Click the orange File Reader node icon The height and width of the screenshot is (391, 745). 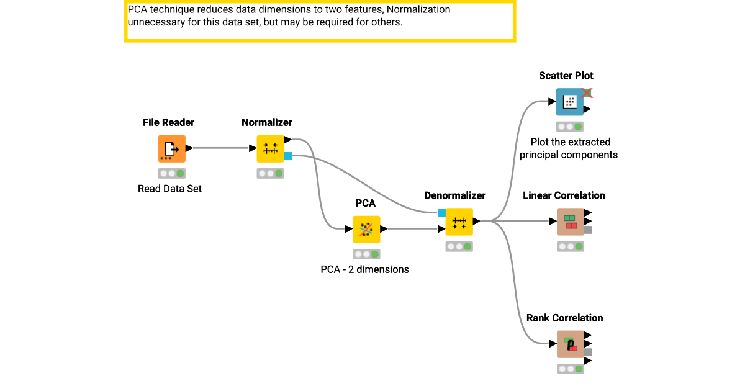click(171, 148)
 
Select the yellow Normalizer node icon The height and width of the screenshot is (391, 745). click(270, 148)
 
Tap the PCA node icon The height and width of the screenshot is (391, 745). click(366, 229)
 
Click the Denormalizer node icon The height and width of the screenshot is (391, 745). click(459, 222)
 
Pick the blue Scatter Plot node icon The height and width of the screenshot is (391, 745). click(569, 102)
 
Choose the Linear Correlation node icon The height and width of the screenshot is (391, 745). click(570, 222)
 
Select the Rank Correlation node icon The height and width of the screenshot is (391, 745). click(570, 344)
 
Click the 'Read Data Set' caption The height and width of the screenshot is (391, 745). click(169, 189)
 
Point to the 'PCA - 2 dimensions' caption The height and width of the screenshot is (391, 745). click(364, 269)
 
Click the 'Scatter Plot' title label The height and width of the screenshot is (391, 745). click(566, 76)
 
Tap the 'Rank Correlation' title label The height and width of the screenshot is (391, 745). click(564, 318)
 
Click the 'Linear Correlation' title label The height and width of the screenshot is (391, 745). click(564, 195)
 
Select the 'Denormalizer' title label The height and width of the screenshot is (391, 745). click(454, 195)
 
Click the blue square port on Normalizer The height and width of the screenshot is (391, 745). click(288, 156)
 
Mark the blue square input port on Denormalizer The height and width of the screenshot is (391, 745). click(441, 213)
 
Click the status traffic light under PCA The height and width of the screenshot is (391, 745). click(366, 254)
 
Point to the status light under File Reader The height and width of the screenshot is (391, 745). click(171, 173)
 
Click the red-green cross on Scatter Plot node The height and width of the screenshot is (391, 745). click(587, 93)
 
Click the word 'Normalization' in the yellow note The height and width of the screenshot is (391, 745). click(418, 10)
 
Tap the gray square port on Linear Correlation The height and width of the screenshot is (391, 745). click(588, 230)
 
